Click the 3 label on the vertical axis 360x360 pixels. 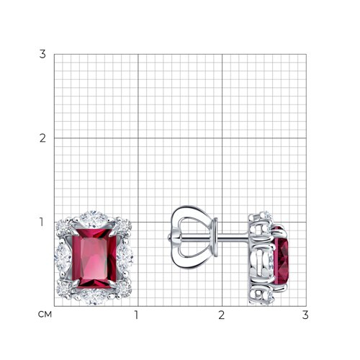click(42, 54)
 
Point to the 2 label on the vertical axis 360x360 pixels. click(42, 138)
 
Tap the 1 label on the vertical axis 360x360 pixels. click(42, 222)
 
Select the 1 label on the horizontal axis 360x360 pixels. click(137, 315)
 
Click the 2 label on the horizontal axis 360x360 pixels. click(221, 315)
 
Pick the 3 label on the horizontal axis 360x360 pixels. click(305, 315)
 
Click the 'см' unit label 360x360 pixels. click(45, 315)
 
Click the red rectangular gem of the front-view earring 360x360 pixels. click(94, 258)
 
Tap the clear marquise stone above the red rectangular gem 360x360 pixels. click(94, 219)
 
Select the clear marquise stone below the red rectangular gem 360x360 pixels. click(94, 297)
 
